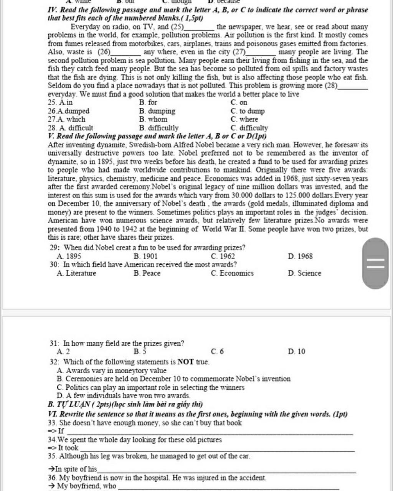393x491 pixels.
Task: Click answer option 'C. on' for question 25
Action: point(239,102)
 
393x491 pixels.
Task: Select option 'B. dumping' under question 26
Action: point(157,111)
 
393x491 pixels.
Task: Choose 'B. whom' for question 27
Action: point(153,119)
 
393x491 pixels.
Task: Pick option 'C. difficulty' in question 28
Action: point(249,128)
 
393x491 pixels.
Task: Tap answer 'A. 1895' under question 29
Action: point(69,256)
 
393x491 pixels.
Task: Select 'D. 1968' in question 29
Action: point(300,256)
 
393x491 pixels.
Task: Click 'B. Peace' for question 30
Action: point(147,273)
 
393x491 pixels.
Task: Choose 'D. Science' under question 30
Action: point(304,273)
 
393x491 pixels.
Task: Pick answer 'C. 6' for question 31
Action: point(217,351)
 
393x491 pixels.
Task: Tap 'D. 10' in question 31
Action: point(296,351)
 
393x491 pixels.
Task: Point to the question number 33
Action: point(53,423)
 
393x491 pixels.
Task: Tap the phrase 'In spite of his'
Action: point(76,469)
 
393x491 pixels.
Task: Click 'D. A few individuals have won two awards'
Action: point(123,395)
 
